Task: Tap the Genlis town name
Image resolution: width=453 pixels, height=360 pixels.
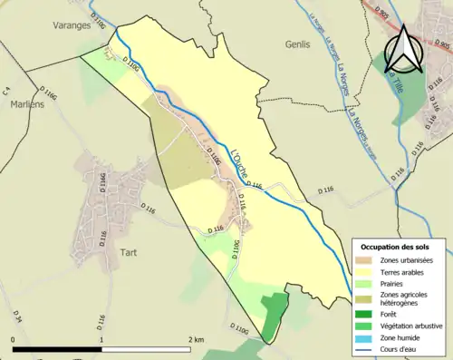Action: pyautogui.click(x=298, y=43)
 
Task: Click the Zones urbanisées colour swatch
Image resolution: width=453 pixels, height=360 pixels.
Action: pyautogui.click(x=367, y=260)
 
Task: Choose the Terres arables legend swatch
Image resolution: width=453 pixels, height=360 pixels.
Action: pyautogui.click(x=367, y=272)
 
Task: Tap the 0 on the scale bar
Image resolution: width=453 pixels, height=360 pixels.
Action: pyautogui.click(x=14, y=339)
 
